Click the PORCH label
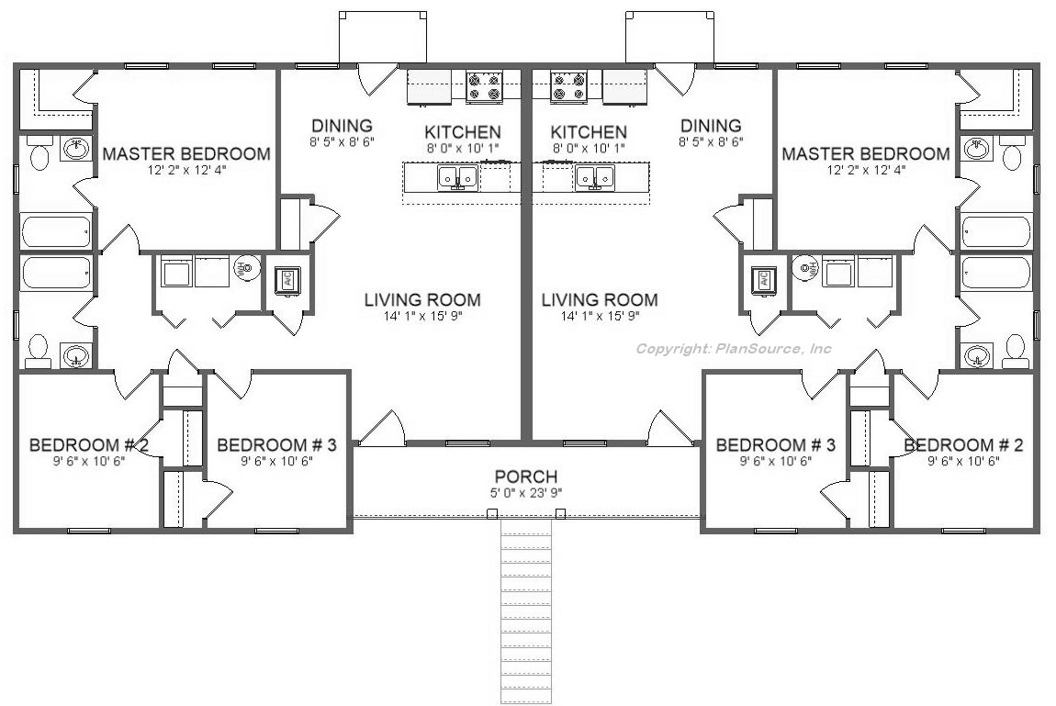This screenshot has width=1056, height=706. click(526, 476)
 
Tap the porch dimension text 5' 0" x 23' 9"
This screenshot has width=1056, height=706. click(526, 493)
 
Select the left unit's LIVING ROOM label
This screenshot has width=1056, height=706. click(422, 299)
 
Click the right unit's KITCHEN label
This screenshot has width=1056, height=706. click(589, 132)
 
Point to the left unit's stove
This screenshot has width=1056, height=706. click(484, 86)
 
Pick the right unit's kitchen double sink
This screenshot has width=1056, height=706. click(594, 178)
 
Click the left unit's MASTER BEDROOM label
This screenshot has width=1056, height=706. click(186, 153)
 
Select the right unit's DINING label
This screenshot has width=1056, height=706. click(711, 125)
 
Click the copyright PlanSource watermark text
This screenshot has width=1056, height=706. click(734, 349)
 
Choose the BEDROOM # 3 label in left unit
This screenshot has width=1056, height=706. click(276, 445)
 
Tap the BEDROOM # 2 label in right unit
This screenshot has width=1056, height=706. click(963, 445)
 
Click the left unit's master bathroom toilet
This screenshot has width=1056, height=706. click(39, 154)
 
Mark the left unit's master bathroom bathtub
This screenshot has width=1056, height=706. click(56, 230)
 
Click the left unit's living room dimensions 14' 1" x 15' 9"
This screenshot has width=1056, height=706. click(423, 317)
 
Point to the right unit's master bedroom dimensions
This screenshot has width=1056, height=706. click(866, 170)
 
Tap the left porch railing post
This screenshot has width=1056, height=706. click(492, 514)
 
